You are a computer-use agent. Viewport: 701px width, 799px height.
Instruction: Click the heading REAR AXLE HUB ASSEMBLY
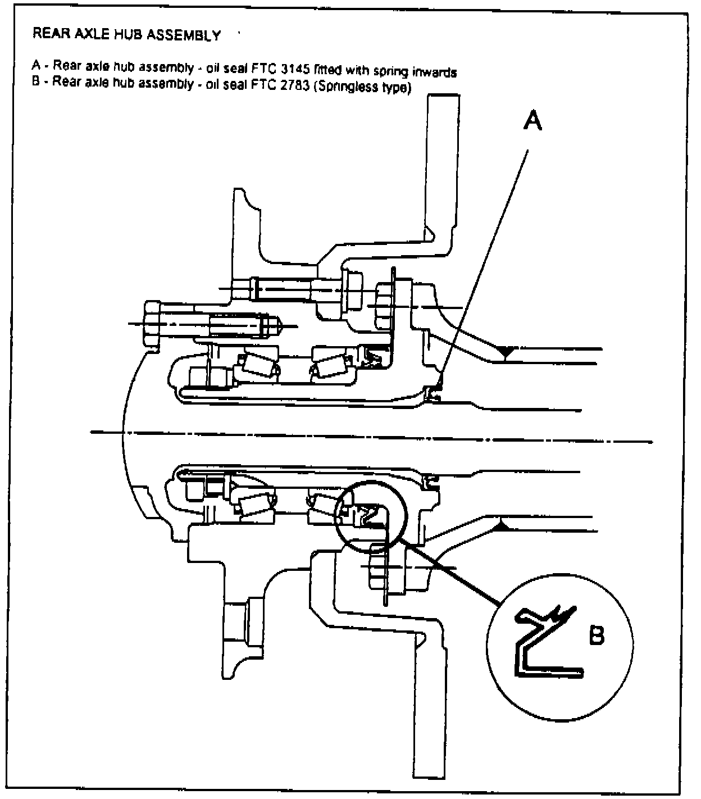click(126, 35)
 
